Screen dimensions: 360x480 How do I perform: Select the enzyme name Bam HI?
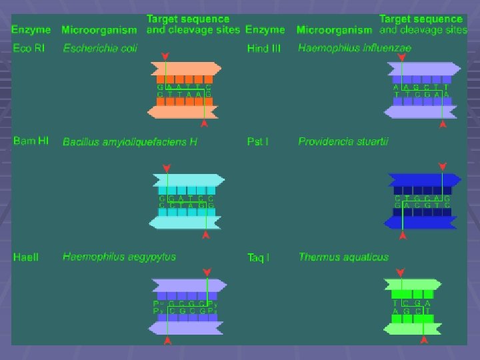pyautogui.click(x=31, y=141)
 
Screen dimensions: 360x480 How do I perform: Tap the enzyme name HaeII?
pyautogui.click(x=26, y=257)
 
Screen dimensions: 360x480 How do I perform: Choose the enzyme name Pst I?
pyautogui.click(x=257, y=141)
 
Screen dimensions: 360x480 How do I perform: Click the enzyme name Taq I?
pyautogui.click(x=258, y=257)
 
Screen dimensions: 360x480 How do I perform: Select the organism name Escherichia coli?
pyautogui.click(x=100, y=48)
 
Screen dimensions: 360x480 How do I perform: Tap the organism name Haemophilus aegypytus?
pyautogui.click(x=119, y=257)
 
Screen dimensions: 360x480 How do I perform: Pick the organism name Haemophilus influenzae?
pyautogui.click(x=355, y=48)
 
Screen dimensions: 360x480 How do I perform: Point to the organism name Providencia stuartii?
pyautogui.click(x=343, y=141)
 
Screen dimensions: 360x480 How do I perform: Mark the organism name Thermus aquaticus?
pyautogui.click(x=343, y=257)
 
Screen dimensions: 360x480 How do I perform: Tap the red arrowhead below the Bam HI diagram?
pyautogui.click(x=206, y=235)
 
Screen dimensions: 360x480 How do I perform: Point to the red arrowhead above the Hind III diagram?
pyautogui.click(x=401, y=58)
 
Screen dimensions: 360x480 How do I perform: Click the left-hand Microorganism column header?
pyautogui.click(x=99, y=30)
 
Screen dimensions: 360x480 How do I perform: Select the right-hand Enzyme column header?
pyautogui.click(x=265, y=30)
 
